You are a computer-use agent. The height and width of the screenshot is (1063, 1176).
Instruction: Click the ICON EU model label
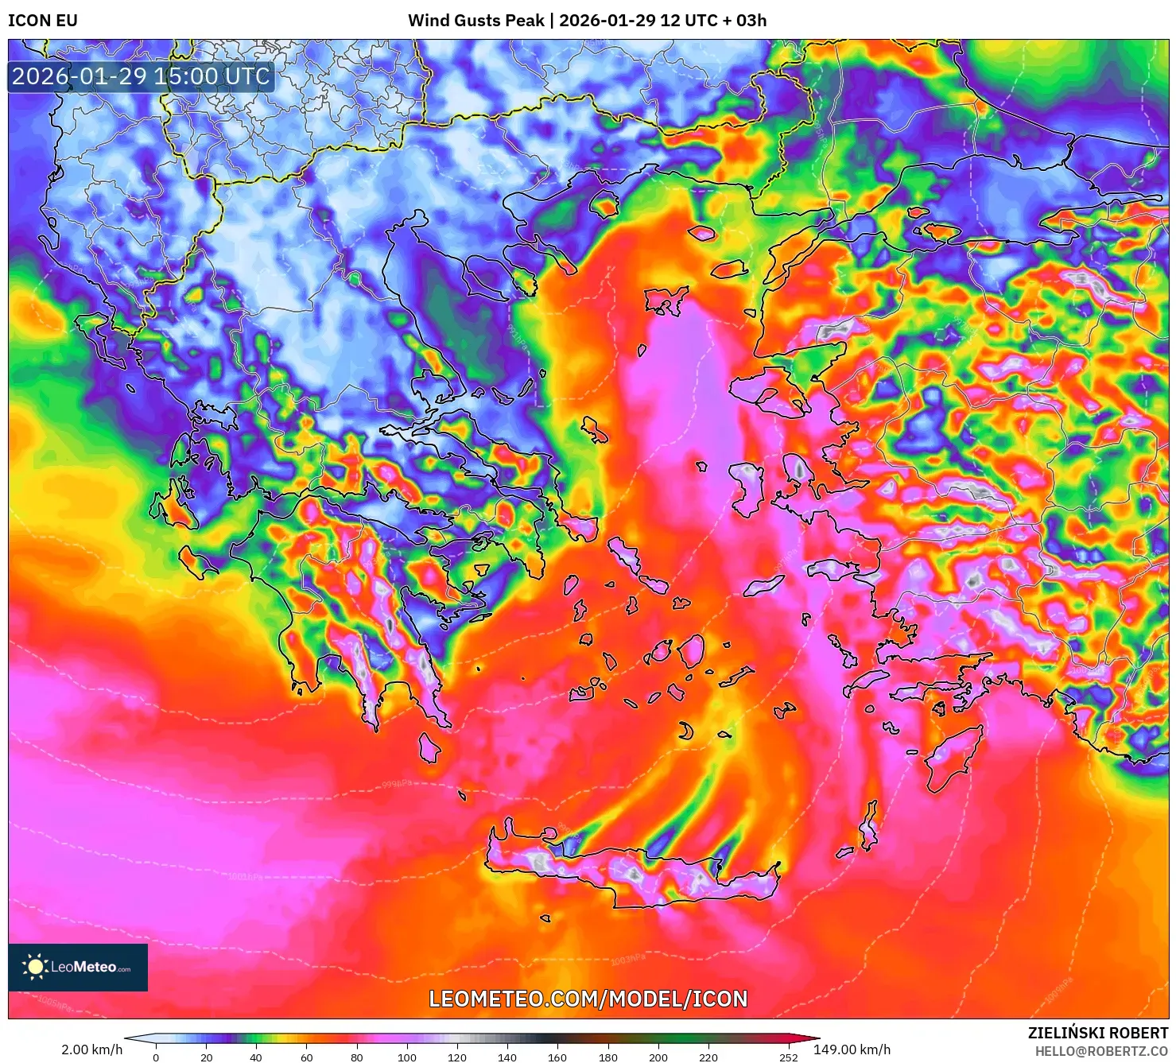[x=43, y=21]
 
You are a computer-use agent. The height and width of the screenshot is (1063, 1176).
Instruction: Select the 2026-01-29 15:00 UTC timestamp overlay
[x=141, y=76]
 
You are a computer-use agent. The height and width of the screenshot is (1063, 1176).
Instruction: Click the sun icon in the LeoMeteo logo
[x=35, y=966]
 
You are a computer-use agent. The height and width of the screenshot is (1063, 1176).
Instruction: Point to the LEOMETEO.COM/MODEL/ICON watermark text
[x=588, y=999]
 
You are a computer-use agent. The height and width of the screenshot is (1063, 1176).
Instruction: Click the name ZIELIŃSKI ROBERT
[x=1097, y=1033]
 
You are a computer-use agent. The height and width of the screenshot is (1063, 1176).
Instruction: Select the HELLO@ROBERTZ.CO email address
[x=1100, y=1051]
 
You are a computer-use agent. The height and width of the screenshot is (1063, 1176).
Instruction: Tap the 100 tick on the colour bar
[x=407, y=1057]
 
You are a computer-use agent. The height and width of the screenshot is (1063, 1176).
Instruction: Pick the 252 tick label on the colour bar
[x=788, y=1057]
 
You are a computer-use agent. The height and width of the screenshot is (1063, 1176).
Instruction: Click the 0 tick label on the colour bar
[x=156, y=1057]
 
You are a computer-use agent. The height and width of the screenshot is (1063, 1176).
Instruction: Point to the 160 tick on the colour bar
[x=557, y=1057]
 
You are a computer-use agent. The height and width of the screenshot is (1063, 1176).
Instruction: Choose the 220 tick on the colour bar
[x=708, y=1057]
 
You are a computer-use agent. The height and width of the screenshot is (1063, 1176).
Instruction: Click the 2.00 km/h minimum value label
[x=92, y=1049]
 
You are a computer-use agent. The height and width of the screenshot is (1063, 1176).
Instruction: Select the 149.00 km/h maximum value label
[x=852, y=1049]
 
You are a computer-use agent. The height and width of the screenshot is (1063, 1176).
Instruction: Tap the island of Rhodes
[x=953, y=755]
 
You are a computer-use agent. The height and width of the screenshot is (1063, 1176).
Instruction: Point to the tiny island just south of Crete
[x=545, y=918]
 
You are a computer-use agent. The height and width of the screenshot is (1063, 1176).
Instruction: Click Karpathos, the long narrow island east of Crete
[x=869, y=827]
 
